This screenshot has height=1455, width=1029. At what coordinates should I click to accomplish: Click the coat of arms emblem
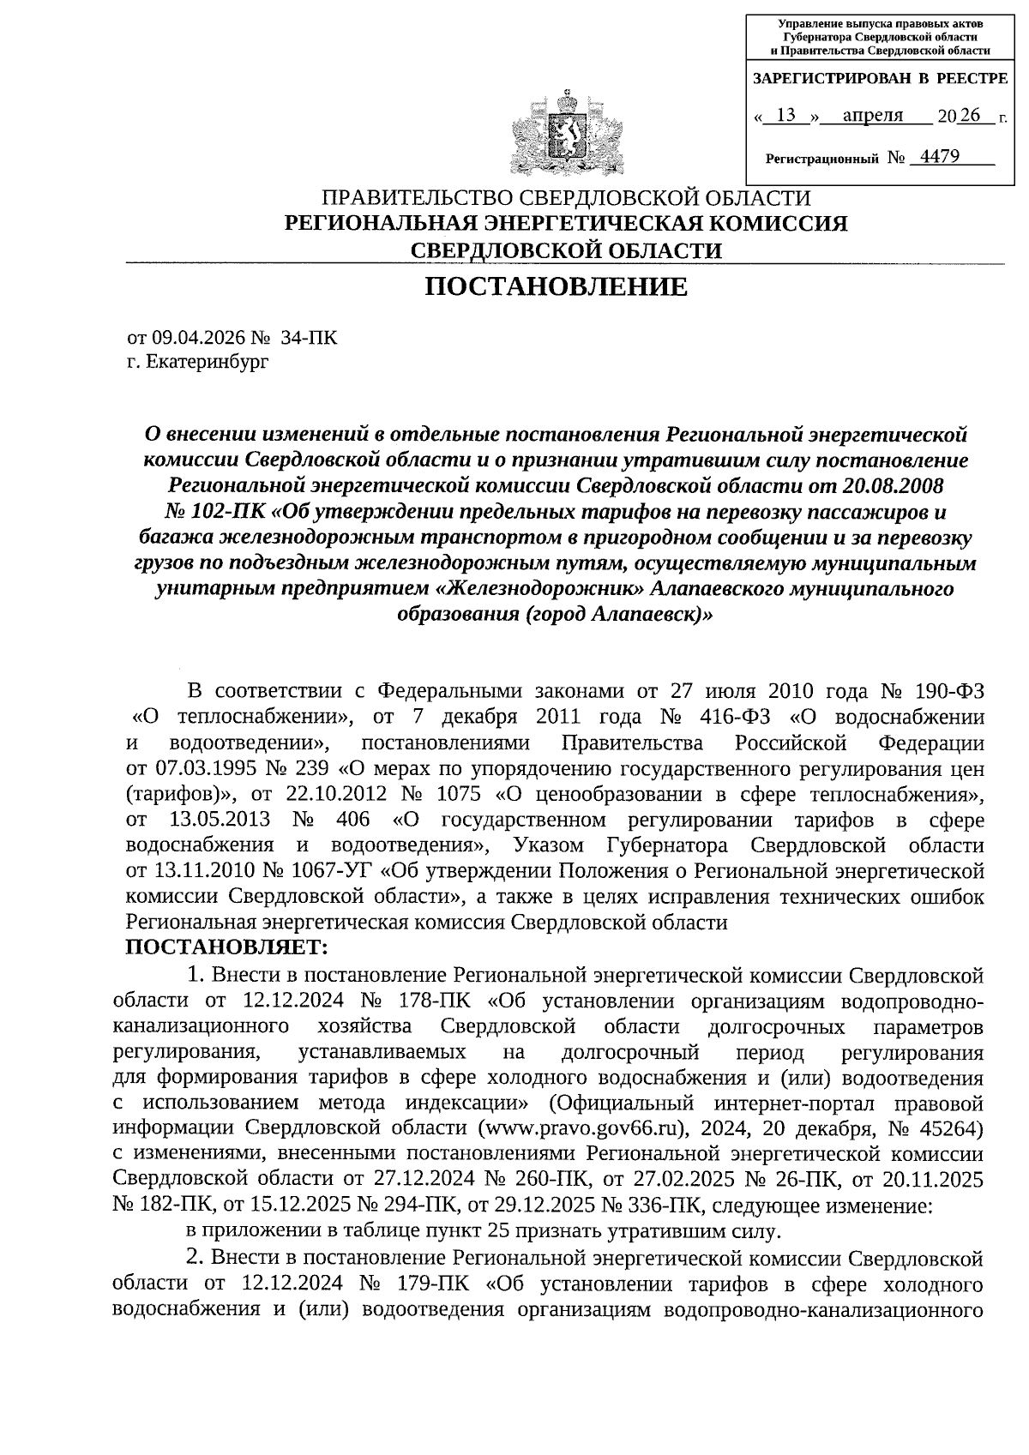(x=565, y=133)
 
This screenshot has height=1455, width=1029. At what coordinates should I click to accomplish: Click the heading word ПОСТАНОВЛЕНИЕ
(x=557, y=287)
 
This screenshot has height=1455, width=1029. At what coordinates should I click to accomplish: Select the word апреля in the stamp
(x=872, y=115)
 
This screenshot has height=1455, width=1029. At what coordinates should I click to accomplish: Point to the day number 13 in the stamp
(x=785, y=115)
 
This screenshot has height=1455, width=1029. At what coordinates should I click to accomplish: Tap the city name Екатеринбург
(x=207, y=362)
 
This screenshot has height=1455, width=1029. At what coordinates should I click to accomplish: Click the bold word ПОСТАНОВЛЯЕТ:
(x=226, y=948)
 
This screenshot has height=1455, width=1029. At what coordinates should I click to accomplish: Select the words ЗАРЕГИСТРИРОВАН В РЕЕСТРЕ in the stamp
(x=880, y=79)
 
